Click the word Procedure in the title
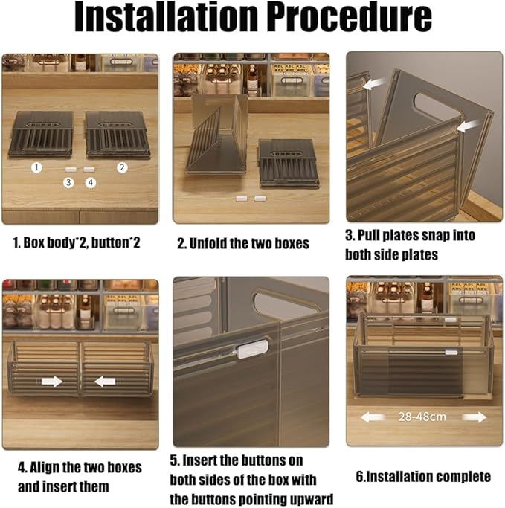pyautogui.click(x=349, y=16)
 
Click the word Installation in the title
pyautogui.click(x=166, y=16)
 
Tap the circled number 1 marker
pyautogui.click(x=36, y=167)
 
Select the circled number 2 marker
pyautogui.click(x=122, y=167)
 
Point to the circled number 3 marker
pyautogui.click(x=68, y=183)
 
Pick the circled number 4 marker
pyautogui.click(x=91, y=183)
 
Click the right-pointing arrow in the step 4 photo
pyautogui.click(x=52, y=381)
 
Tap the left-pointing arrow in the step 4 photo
pyautogui.click(x=105, y=382)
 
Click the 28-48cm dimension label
pyautogui.click(x=422, y=417)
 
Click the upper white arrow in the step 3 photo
pyautogui.click(x=375, y=83)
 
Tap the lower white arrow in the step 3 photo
pyautogui.click(x=468, y=126)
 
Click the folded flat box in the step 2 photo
pyautogui.click(x=286, y=164)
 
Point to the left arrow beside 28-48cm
pyautogui.click(x=372, y=417)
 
